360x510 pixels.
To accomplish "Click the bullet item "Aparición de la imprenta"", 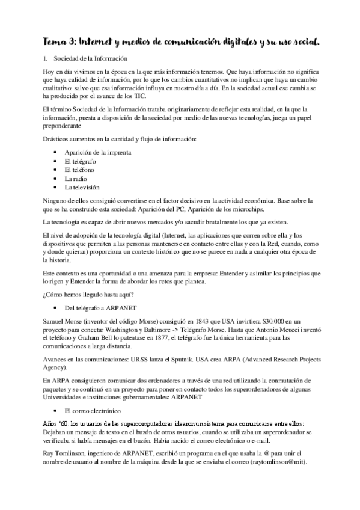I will (x=97, y=152).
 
